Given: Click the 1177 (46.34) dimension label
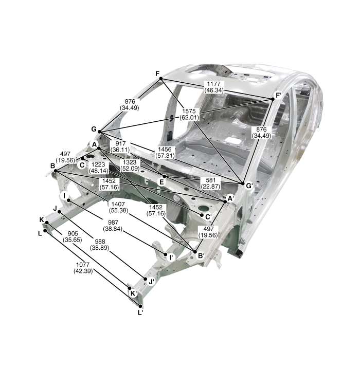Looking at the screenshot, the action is point(214,87).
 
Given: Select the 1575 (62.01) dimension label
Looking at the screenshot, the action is point(189,114).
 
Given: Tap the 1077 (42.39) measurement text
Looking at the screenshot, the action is point(83,268).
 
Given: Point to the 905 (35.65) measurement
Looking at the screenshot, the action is point(73,237).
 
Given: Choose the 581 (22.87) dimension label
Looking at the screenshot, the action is point(210,183).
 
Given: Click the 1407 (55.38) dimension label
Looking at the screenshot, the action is point(118,207).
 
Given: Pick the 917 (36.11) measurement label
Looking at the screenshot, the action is point(120,146).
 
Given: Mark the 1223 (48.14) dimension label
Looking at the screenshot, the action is point(98,168).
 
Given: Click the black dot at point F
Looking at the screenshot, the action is point(161,79).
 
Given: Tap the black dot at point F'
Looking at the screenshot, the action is point(273,99).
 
